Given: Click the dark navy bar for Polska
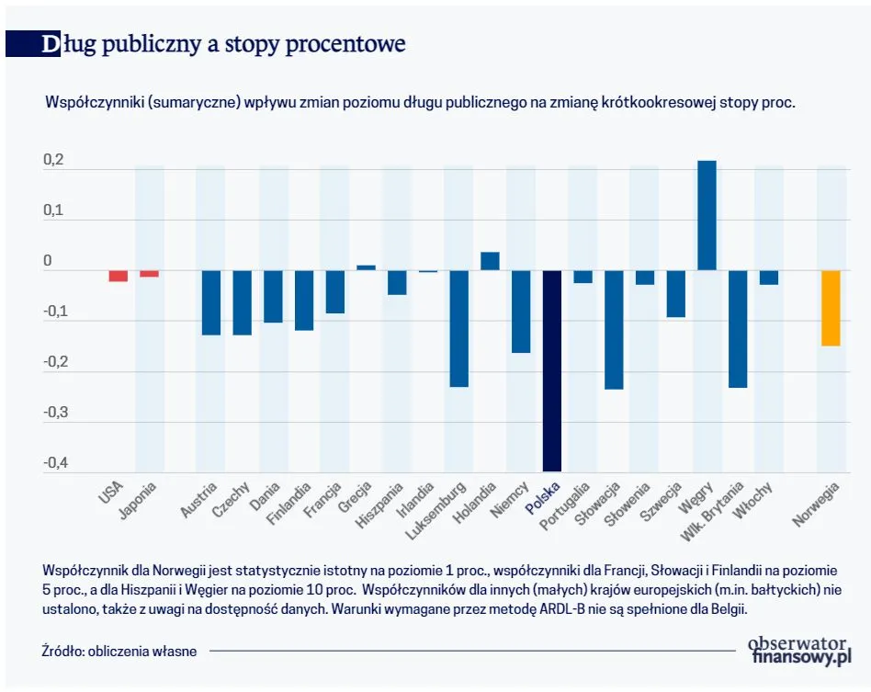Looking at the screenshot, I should pyautogui.click(x=551, y=370).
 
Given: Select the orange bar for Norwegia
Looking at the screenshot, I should pyautogui.click(x=831, y=308).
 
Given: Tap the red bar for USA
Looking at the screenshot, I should pyautogui.click(x=118, y=276).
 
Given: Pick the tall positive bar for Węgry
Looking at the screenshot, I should pyautogui.click(x=707, y=216).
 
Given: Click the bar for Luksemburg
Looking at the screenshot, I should pyautogui.click(x=458, y=328).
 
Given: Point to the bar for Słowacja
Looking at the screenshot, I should pyautogui.click(x=614, y=329).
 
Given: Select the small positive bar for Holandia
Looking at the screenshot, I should pyautogui.click(x=490, y=261).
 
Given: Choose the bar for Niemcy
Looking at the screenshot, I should pyautogui.click(x=521, y=312).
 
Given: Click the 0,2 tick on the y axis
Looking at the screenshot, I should pyautogui.click(x=53, y=161).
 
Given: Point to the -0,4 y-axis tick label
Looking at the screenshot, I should pyautogui.click(x=53, y=463).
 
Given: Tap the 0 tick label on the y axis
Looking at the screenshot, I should pyautogui.click(x=48, y=262).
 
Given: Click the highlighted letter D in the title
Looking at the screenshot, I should pyautogui.click(x=51, y=44).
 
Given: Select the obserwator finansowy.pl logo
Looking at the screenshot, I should pyautogui.click(x=800, y=649).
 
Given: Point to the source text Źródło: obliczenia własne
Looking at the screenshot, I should pyautogui.click(x=119, y=651).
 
